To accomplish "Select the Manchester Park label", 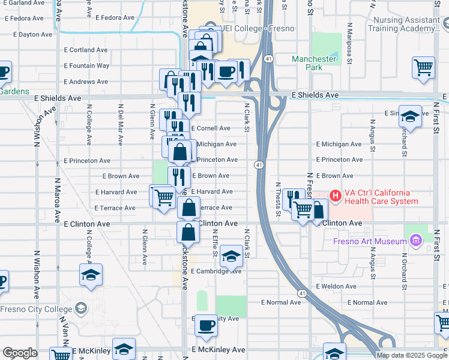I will point(314,63).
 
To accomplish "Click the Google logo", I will point(20,353).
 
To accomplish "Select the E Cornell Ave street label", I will point(211,128).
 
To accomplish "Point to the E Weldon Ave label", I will point(336,287).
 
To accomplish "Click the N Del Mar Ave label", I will point(121,127).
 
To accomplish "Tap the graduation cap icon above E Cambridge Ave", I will point(231,257).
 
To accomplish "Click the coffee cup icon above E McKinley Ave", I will point(206,326).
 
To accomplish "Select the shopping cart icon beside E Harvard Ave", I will point(163,196).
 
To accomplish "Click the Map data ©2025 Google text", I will point(412,355).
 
